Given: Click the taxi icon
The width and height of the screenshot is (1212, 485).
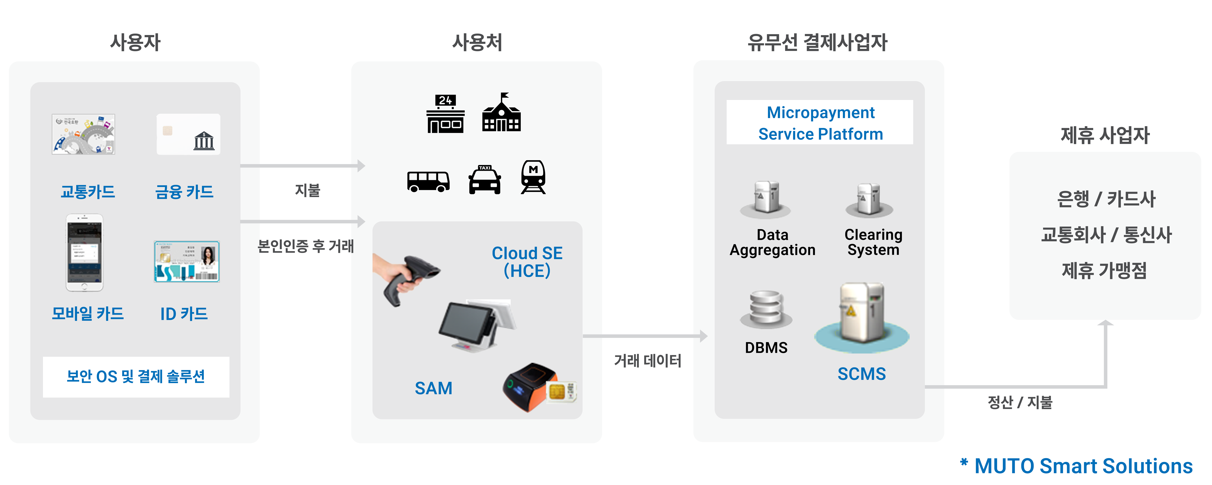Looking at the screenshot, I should coord(485,179).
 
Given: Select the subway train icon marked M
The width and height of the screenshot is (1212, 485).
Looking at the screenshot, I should coord(534,177).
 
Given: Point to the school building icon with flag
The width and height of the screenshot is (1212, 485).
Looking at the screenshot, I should coord(501,113).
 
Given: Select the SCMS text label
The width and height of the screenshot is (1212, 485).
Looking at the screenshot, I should coord(861,374).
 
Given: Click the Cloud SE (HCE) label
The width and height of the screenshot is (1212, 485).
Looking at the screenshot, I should coord(527,262).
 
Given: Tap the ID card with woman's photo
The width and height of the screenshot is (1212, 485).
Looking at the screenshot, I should coord(187,262).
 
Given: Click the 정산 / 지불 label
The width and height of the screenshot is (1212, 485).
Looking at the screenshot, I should coord(1020,402).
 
